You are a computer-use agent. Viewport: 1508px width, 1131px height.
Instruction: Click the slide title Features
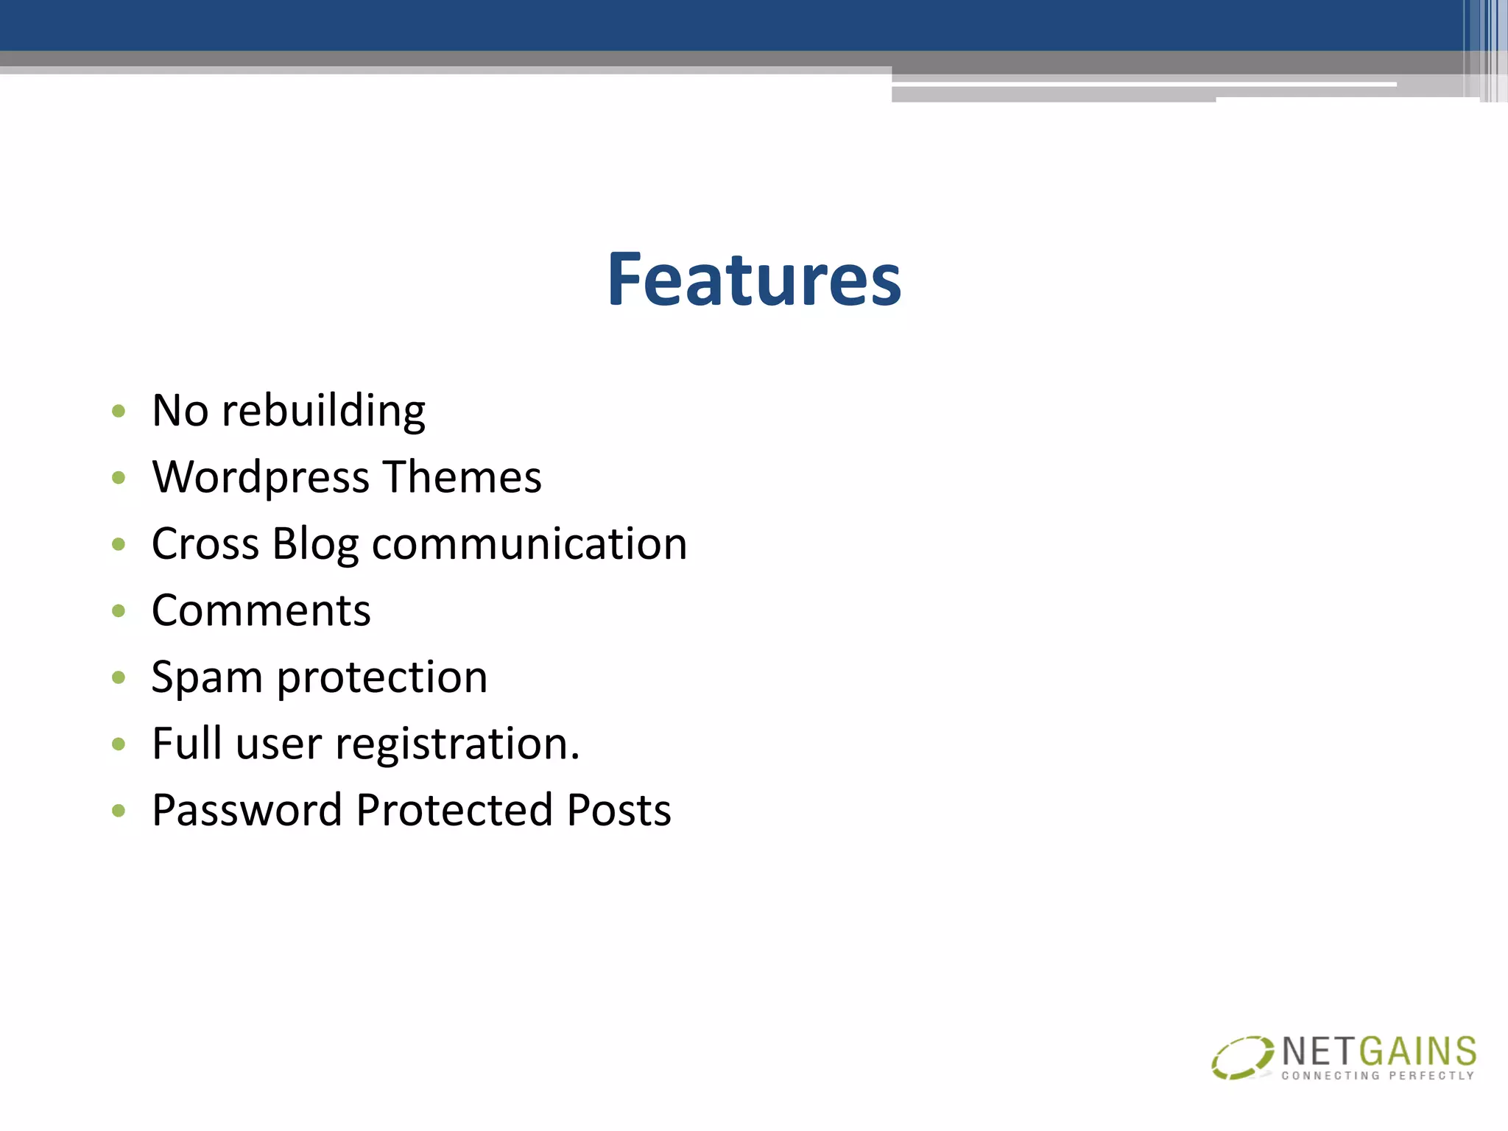pyautogui.click(x=754, y=280)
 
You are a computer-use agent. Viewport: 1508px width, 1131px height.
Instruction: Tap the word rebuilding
pyautogui.click(x=323, y=411)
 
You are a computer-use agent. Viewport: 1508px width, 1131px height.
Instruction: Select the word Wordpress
pyautogui.click(x=261, y=478)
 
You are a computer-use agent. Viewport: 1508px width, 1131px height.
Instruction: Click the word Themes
pyautogui.click(x=462, y=476)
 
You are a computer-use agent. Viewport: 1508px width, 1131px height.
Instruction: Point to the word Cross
pyautogui.click(x=205, y=544)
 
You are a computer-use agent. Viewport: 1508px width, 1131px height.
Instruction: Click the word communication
pyautogui.click(x=529, y=544)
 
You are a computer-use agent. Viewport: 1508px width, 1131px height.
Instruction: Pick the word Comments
pyautogui.click(x=261, y=610)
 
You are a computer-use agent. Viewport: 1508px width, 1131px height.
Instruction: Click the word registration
pyautogui.click(x=457, y=744)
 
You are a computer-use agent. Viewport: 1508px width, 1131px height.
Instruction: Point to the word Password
pyautogui.click(x=247, y=811)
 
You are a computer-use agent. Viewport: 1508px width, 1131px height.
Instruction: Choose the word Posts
pyautogui.click(x=619, y=811)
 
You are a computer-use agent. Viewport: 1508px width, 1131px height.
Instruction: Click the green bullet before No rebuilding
pyautogui.click(x=119, y=411)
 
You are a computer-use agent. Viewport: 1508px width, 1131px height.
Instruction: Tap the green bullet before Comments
pyautogui.click(x=119, y=610)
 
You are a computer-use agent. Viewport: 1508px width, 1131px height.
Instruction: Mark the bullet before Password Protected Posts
pyautogui.click(x=119, y=811)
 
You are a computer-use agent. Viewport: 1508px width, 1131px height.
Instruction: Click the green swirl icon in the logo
pyautogui.click(x=1242, y=1057)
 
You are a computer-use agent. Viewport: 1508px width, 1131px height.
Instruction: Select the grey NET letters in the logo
pyautogui.click(x=1319, y=1051)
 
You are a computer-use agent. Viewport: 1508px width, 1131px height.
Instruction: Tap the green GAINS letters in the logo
pyautogui.click(x=1418, y=1051)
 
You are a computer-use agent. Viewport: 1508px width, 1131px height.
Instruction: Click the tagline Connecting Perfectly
pyautogui.click(x=1378, y=1076)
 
